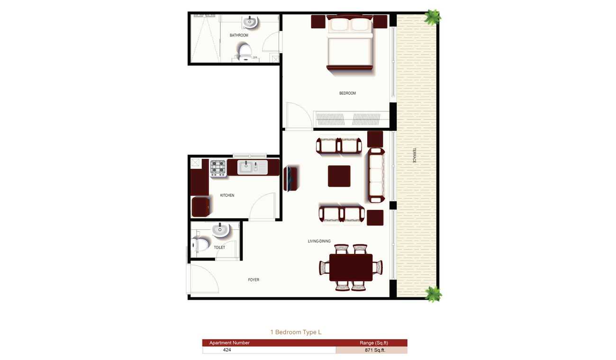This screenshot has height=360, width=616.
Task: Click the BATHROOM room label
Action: click(239, 35)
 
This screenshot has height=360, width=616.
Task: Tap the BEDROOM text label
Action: click(347, 93)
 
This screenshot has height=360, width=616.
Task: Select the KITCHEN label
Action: click(227, 195)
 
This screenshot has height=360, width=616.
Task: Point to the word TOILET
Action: click(219, 247)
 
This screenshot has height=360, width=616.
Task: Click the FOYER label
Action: click(254, 280)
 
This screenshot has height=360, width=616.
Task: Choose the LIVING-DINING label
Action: click(319, 241)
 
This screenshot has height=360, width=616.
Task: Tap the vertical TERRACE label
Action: click(415, 155)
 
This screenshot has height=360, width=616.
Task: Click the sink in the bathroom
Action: click(250, 22)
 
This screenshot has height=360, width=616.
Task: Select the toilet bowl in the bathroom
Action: click(245, 52)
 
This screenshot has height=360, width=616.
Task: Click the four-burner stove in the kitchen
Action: click(218, 168)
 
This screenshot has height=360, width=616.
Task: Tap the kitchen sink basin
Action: click(245, 167)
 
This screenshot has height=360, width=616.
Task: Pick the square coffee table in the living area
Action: click(339, 176)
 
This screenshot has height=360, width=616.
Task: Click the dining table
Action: click(351, 267)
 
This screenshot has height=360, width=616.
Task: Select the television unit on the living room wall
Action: click(290, 179)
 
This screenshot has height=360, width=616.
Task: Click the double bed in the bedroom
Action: click(350, 42)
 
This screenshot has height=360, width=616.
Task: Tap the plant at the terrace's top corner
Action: click(433, 17)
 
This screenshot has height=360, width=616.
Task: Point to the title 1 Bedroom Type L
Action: click(296, 332)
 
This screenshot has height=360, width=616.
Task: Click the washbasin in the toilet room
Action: click(220, 230)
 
